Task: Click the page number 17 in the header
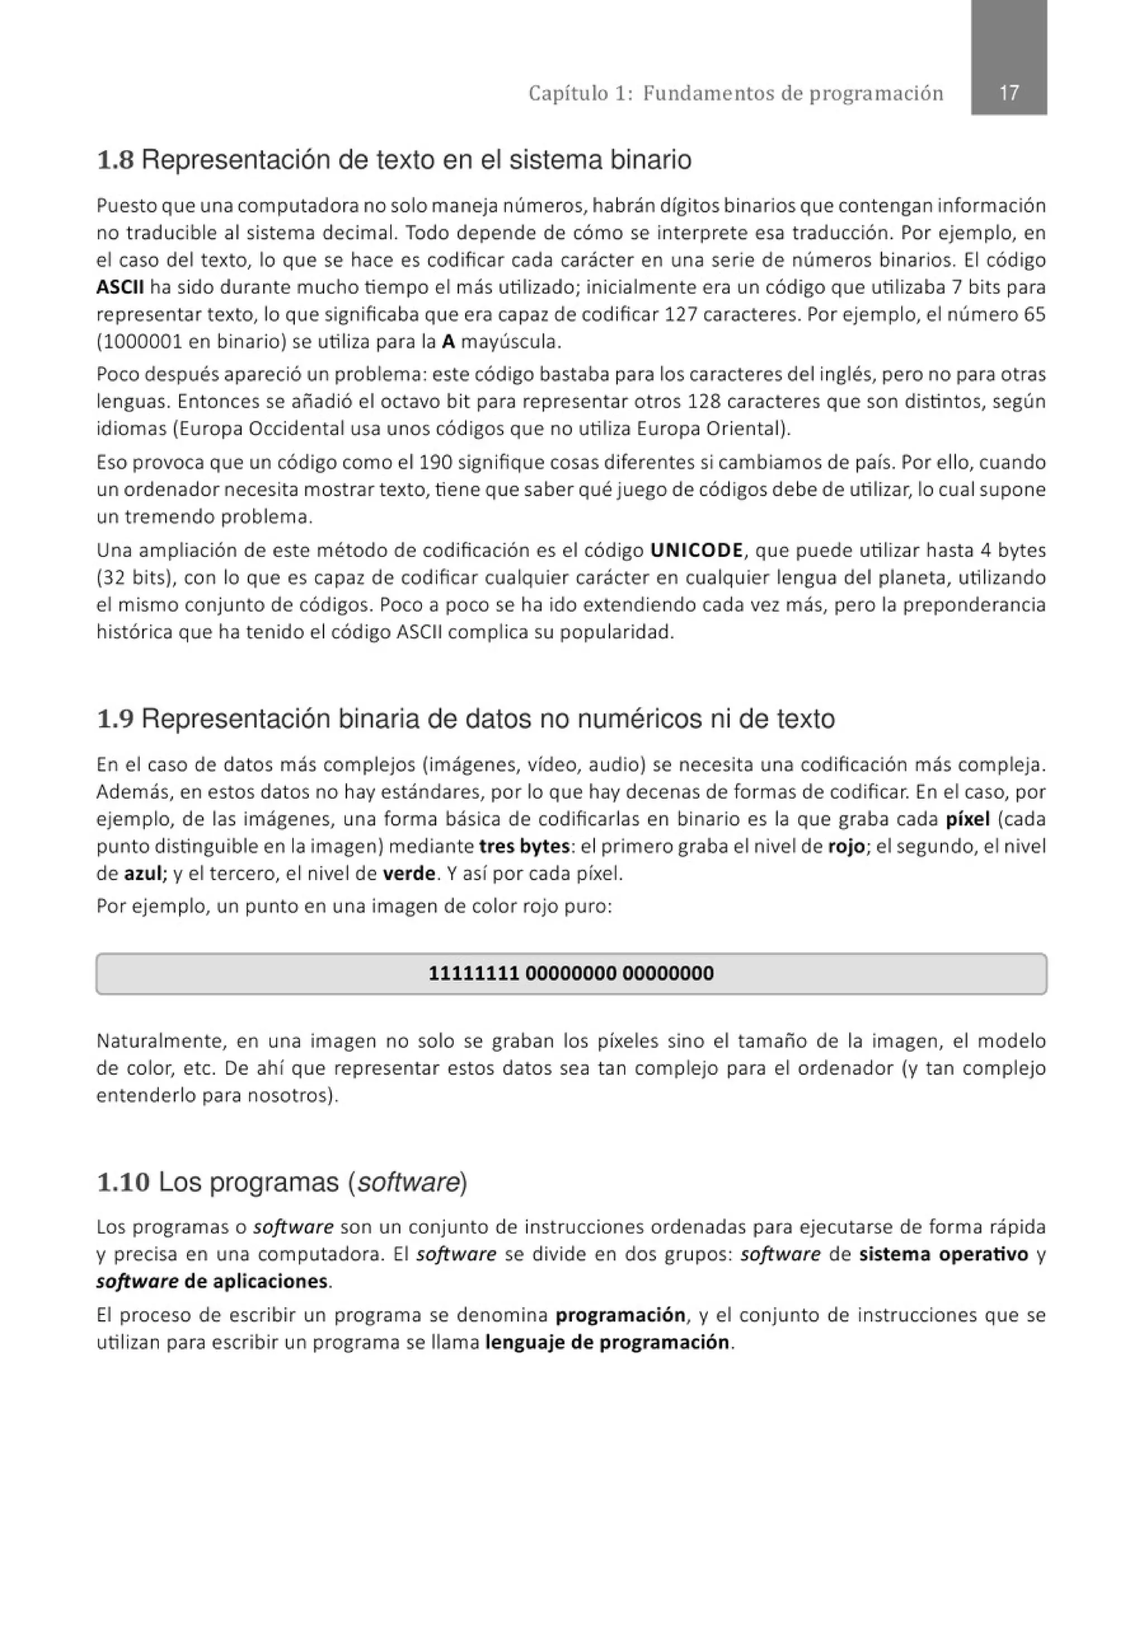click(x=1008, y=93)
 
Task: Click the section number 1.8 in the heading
click(x=115, y=160)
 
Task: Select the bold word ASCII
click(x=120, y=287)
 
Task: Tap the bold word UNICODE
click(x=696, y=551)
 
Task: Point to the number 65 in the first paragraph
click(x=1034, y=315)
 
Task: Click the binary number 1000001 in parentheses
click(x=142, y=341)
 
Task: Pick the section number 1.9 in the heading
click(x=115, y=719)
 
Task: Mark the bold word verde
click(x=409, y=873)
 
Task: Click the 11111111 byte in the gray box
click(x=473, y=973)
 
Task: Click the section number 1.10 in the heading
click(x=123, y=1183)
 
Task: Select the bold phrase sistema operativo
click(x=943, y=1254)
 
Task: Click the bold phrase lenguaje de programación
click(x=607, y=1343)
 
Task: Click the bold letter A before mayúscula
click(x=448, y=341)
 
